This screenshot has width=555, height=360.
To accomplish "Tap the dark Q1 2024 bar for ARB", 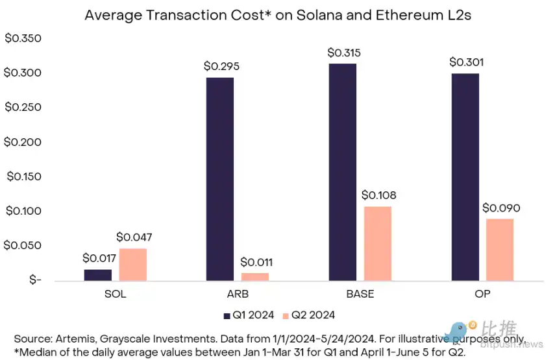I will tap(219, 179).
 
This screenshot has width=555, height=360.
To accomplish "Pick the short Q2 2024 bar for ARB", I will tap(255, 277).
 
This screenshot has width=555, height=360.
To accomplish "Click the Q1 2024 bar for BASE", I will tap(342, 172).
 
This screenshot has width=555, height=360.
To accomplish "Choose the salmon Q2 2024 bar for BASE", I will tap(378, 244).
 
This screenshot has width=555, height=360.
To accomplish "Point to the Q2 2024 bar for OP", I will tap(500, 250).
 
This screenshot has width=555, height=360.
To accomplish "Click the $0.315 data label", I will tap(344, 53).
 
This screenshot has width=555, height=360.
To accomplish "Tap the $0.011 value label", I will tap(256, 263).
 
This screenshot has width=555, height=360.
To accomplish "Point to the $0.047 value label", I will tap(134, 237).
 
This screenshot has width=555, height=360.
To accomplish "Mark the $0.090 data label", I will tap(501, 208).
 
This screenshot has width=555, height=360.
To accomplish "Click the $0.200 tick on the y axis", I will tap(23, 142).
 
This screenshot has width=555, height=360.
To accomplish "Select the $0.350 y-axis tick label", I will tap(23, 38).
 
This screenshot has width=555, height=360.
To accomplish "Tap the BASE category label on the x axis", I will tap(360, 294).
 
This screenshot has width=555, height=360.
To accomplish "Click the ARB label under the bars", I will tap(237, 294).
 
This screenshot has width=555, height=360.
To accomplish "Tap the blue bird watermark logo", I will tap(458, 331).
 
